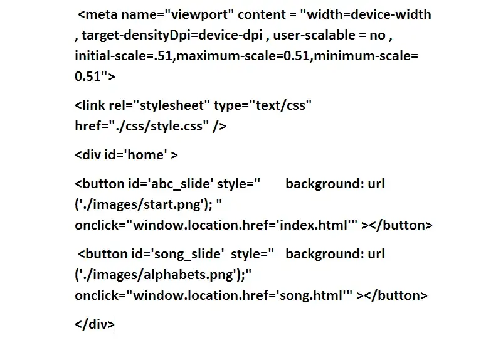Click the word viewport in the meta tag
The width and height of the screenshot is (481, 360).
[x=199, y=15]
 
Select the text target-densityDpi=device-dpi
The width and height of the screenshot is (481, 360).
[x=172, y=35]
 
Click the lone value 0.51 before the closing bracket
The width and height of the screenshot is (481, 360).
[x=88, y=76]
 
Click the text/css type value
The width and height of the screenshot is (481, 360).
[x=281, y=105]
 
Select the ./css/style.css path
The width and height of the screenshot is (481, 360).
[x=159, y=126]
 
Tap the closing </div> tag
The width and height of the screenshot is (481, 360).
[x=95, y=324]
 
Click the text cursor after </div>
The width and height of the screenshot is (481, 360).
[x=115, y=324]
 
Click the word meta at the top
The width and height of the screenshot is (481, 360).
[x=102, y=14]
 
